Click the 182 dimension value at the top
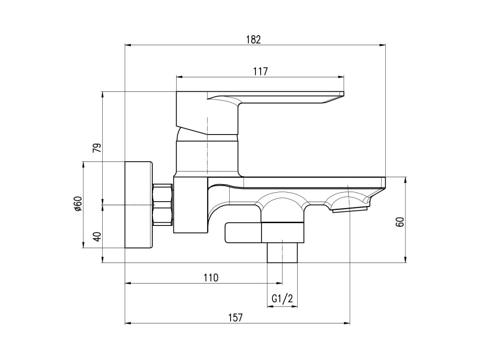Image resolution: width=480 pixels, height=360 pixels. click(253, 39)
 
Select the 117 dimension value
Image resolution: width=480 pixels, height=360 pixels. click(260, 71)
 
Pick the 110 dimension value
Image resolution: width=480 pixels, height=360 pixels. click(211, 277)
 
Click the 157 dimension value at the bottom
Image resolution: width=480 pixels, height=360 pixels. click(236, 317)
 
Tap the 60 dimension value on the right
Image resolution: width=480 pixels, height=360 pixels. click(400, 222)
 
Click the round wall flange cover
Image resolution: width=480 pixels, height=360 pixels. click(139, 205)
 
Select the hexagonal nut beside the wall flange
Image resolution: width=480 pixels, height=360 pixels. click(163, 205)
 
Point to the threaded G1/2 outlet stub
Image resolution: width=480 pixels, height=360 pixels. click(283, 254)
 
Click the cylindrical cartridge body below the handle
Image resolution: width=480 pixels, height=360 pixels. click(207, 157)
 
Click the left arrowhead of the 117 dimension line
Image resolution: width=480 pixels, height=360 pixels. click(178, 77)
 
